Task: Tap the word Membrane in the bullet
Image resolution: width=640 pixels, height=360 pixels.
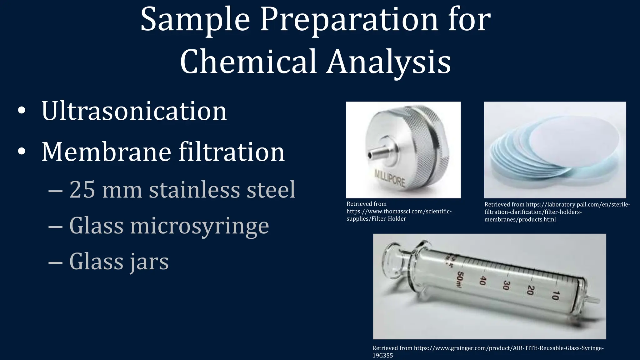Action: [106, 152]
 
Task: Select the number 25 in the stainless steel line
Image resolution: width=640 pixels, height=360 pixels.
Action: [82, 190]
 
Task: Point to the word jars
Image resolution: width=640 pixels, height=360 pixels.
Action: [149, 262]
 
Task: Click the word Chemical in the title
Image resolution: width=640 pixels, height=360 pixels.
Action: [248, 61]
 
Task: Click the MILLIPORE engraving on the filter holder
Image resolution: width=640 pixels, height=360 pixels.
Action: [390, 178]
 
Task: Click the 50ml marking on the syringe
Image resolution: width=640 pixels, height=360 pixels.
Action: [459, 279]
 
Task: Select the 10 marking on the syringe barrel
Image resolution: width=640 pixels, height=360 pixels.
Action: [555, 295]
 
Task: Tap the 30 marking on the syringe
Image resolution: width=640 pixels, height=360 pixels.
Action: [506, 285]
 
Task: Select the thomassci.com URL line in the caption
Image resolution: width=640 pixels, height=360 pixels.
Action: [399, 211]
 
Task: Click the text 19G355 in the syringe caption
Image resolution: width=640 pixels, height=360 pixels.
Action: [382, 356]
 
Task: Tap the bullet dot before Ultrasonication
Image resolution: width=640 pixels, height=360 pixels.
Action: [22, 111]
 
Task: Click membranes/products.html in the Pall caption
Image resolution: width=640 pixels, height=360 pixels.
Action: [520, 219]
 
